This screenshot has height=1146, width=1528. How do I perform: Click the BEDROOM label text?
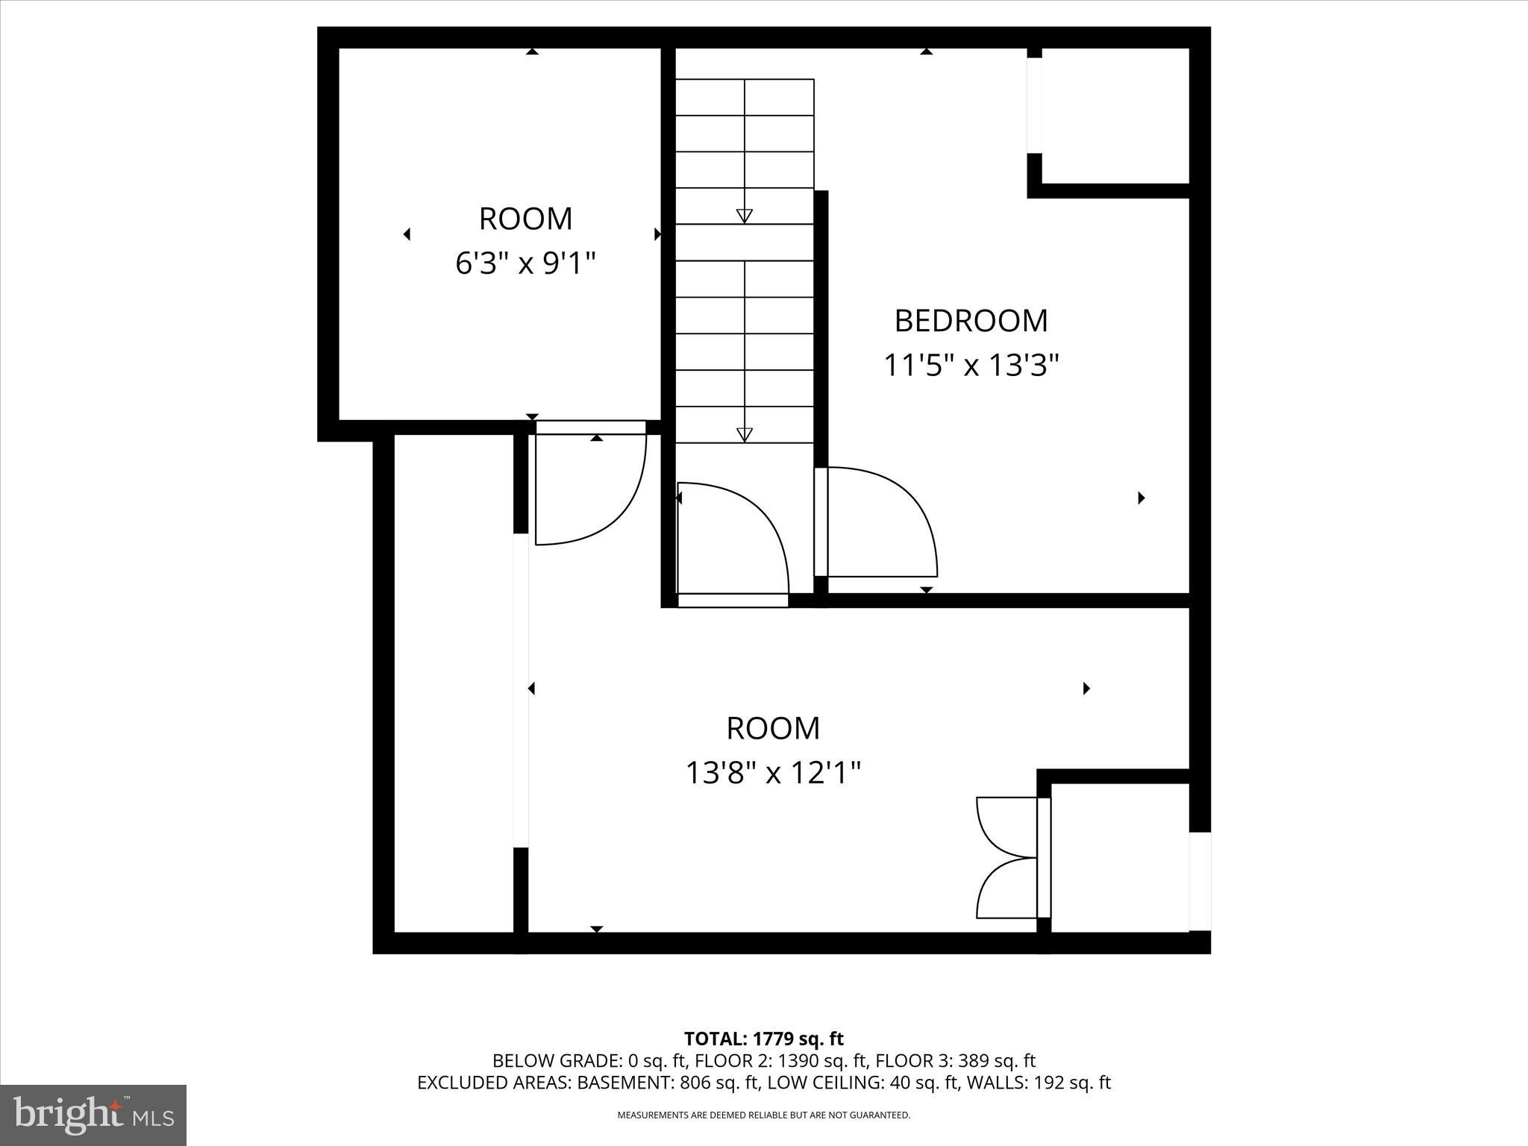pyautogui.click(x=971, y=321)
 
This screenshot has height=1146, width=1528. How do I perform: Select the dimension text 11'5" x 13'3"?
pyautogui.click(x=971, y=366)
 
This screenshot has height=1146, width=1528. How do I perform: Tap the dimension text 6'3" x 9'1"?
pyautogui.click(x=525, y=263)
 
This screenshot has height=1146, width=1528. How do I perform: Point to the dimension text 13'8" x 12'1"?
pyautogui.click(x=773, y=773)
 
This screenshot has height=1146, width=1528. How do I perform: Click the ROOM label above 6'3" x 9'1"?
pyautogui.click(x=525, y=219)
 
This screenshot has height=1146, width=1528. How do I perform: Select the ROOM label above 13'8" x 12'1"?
pyautogui.click(x=773, y=728)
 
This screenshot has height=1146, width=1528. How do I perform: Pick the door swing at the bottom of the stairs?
pyautogui.click(x=735, y=541)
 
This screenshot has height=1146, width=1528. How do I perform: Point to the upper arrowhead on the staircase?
pyautogui.click(x=744, y=216)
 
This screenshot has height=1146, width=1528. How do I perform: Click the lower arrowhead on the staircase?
pyautogui.click(x=744, y=434)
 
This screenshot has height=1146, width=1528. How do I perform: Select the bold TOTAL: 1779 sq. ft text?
pyautogui.click(x=763, y=1039)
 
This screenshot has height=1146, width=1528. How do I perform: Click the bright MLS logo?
pyautogui.click(x=93, y=1115)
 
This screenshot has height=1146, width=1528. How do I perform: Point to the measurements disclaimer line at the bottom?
pyautogui.click(x=763, y=1115)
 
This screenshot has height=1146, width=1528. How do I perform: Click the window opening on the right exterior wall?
pyautogui.click(x=1199, y=881)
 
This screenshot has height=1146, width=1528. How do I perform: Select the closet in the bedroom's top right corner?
pyautogui.click(x=1115, y=116)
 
